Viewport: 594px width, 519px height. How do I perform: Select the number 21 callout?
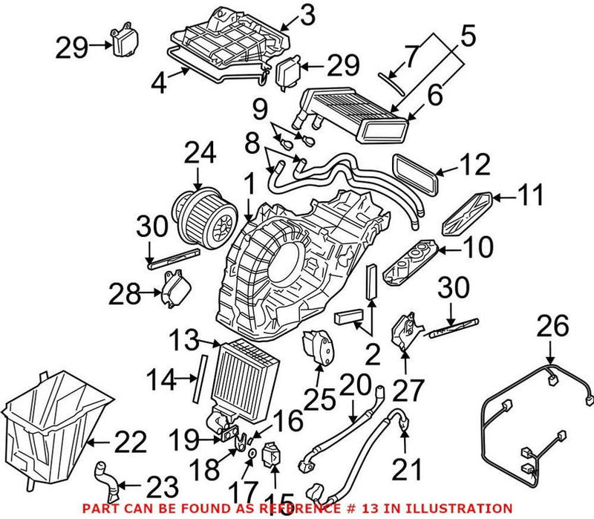tap(405, 469)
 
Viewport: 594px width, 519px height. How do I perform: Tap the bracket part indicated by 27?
tap(403, 330)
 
